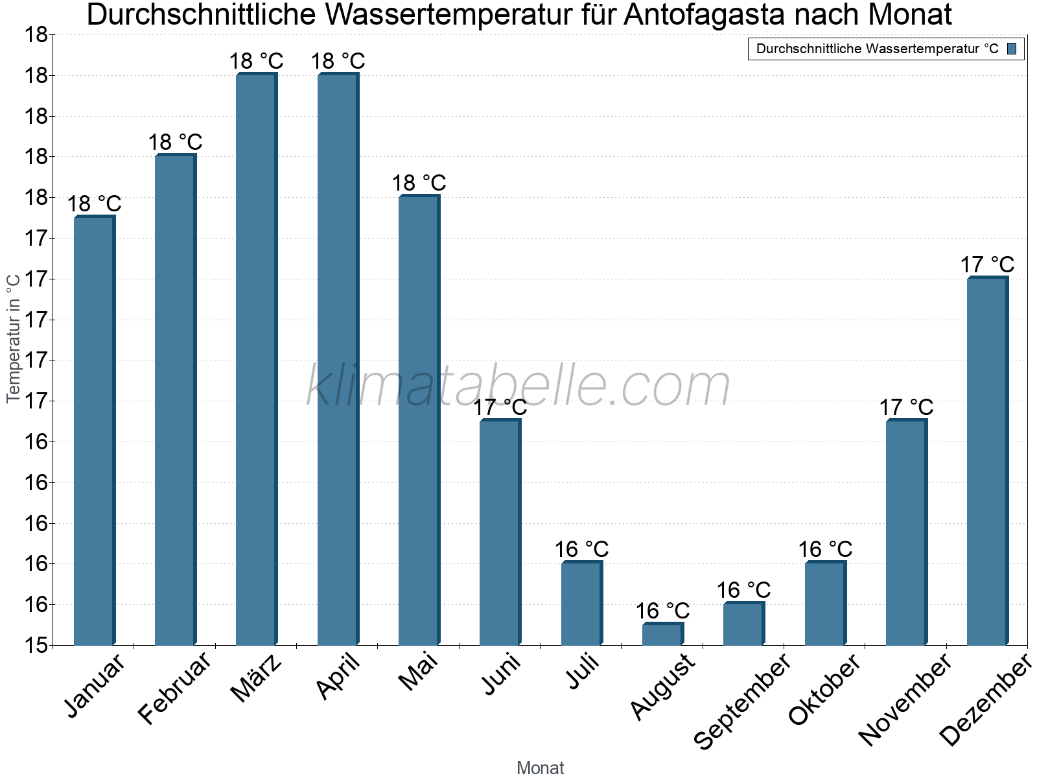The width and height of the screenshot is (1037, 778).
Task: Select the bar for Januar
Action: [x=94, y=430]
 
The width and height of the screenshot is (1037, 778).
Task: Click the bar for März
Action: [x=256, y=359]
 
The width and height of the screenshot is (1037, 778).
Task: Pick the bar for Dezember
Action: [x=987, y=461]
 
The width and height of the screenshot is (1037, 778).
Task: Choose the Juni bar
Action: [x=500, y=532]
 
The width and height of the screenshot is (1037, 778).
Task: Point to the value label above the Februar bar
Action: [x=175, y=142]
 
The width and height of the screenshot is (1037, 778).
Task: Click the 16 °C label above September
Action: [x=743, y=590]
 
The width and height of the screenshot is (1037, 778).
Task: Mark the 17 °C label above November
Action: [x=906, y=407]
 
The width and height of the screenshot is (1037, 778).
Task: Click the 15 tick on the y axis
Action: [x=36, y=645]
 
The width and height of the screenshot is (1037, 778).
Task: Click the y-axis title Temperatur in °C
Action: [x=14, y=338]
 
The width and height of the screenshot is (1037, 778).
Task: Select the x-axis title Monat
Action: [x=540, y=768]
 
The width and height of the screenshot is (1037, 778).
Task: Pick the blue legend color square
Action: [x=1012, y=49]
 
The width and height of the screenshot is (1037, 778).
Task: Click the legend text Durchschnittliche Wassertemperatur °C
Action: [x=877, y=49]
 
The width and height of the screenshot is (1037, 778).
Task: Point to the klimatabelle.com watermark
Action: [x=518, y=386]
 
